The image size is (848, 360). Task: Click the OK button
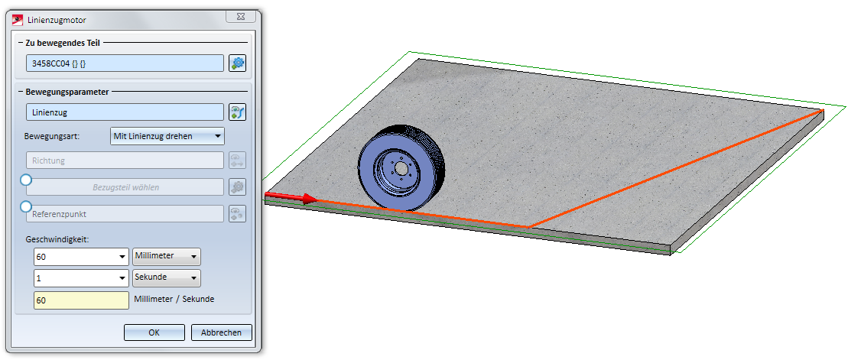click(x=154, y=332)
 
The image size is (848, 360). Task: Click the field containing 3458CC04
click(x=125, y=63)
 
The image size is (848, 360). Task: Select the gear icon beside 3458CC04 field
click(x=237, y=63)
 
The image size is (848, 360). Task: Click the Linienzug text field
click(x=125, y=112)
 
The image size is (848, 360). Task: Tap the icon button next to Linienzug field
click(x=237, y=112)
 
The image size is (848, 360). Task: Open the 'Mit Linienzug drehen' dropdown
click(x=167, y=136)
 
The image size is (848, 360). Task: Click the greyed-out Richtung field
click(x=125, y=161)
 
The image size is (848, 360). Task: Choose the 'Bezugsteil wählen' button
click(x=125, y=187)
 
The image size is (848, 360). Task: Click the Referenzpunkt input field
click(x=125, y=213)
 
